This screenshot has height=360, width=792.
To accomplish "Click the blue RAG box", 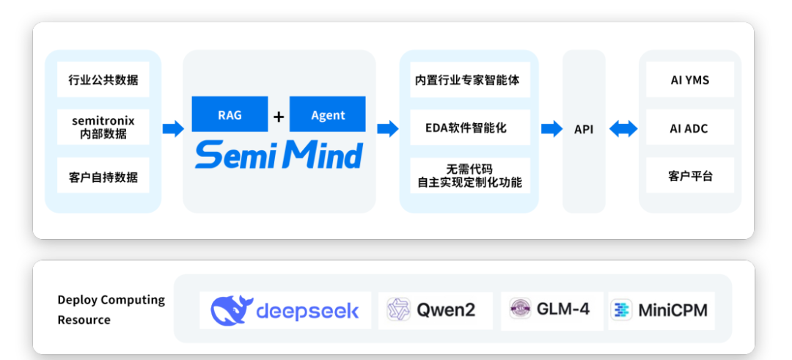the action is (x=230, y=114).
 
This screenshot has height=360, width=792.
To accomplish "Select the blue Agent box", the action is (x=328, y=114).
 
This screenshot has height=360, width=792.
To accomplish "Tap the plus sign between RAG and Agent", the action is (x=279, y=117).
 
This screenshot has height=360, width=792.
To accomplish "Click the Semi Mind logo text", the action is (x=279, y=155).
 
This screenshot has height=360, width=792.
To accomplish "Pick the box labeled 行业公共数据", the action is (x=103, y=79).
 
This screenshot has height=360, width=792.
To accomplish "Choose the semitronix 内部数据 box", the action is (x=103, y=128).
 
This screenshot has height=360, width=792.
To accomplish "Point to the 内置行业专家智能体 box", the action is (x=470, y=80).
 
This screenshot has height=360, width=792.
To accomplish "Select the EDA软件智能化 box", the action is (x=470, y=128).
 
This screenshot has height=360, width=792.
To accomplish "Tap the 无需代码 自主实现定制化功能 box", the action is (x=470, y=175).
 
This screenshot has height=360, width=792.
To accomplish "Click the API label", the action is (x=584, y=129).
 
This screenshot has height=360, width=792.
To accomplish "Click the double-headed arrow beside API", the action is (x=623, y=129).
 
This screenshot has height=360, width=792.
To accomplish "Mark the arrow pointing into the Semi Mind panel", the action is (x=173, y=129).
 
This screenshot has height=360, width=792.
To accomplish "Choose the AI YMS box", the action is (x=690, y=79).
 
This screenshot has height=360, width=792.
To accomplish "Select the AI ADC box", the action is (x=690, y=128).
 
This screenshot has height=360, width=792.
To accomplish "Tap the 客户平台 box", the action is (x=690, y=175).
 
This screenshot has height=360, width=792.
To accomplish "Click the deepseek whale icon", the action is (x=232, y=310).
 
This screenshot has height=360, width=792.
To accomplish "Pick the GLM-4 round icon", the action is (x=520, y=309).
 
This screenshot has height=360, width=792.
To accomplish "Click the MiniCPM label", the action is (x=672, y=310).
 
